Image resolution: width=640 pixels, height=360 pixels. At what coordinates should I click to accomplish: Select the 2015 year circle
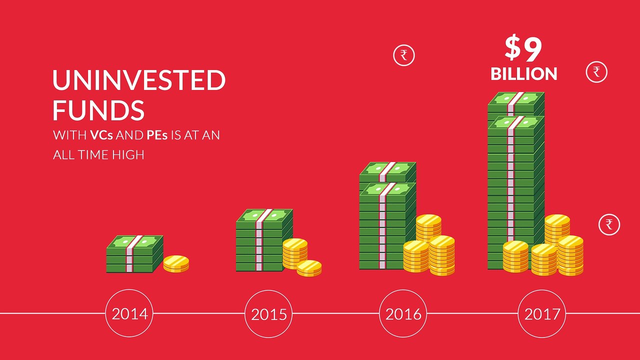268,290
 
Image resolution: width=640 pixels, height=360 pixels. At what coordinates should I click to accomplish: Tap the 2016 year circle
403,290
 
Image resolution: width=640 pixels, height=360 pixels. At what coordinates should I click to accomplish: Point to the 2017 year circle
541,290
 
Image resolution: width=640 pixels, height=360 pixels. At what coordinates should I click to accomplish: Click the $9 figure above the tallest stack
523,48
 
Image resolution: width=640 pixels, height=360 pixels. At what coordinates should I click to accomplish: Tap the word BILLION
524,74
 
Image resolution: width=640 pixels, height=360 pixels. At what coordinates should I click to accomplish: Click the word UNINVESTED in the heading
139,80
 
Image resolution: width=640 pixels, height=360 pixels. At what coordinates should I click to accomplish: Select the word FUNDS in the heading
98,110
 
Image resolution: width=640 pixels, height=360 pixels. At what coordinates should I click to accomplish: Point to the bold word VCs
101,135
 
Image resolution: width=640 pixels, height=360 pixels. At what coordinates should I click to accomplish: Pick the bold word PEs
157,135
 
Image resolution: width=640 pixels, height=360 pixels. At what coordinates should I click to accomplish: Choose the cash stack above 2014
134,254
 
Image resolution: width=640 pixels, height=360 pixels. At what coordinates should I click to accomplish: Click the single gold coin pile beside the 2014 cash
176,263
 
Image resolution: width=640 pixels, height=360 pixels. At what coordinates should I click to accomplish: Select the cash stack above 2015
264,240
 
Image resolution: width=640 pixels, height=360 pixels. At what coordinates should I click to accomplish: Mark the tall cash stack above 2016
387,215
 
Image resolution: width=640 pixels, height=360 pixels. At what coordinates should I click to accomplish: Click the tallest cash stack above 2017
515,180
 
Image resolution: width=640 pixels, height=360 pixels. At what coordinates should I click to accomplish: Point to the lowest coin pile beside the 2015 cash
309,268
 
